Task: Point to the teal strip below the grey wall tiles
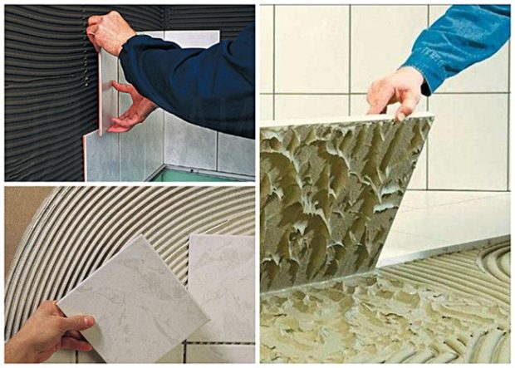point(199,175)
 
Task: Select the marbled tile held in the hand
point(133,299)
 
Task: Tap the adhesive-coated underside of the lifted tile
point(332,199)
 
